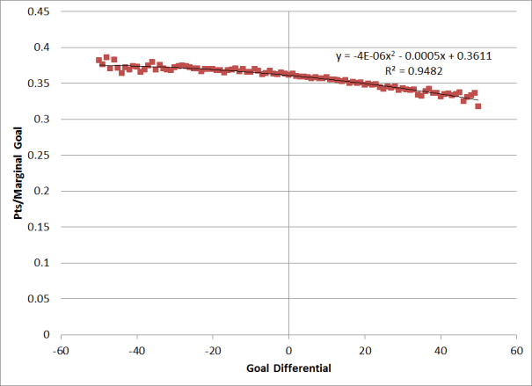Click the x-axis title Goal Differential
[288, 368]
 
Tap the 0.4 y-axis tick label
[42, 47]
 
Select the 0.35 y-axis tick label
[40, 84]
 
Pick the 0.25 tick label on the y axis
[40, 155]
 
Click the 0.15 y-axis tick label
[40, 227]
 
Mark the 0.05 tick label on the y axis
[40, 299]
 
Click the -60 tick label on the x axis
[60, 349]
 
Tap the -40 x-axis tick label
[136, 349]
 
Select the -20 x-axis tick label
[212, 349]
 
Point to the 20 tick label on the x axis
[365, 349]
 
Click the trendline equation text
[412, 55]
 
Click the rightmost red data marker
[478, 106]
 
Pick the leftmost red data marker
[98, 60]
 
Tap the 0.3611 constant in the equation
[473, 55]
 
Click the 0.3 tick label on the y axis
[42, 120]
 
